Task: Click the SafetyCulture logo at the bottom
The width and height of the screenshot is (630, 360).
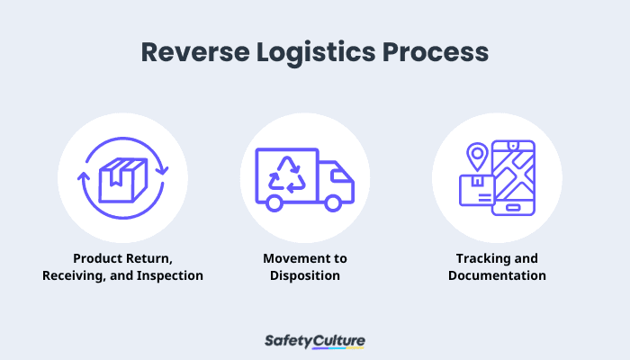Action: click(x=315, y=341)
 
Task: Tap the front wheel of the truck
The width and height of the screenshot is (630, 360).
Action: click(x=334, y=204)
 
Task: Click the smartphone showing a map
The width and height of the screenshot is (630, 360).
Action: click(x=511, y=177)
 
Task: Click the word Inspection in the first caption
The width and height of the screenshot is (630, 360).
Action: click(x=171, y=275)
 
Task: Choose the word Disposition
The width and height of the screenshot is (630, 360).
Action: click(x=305, y=275)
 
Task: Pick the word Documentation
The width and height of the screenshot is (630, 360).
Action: click(x=497, y=275)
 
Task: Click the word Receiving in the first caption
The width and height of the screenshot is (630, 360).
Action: click(x=76, y=275)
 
